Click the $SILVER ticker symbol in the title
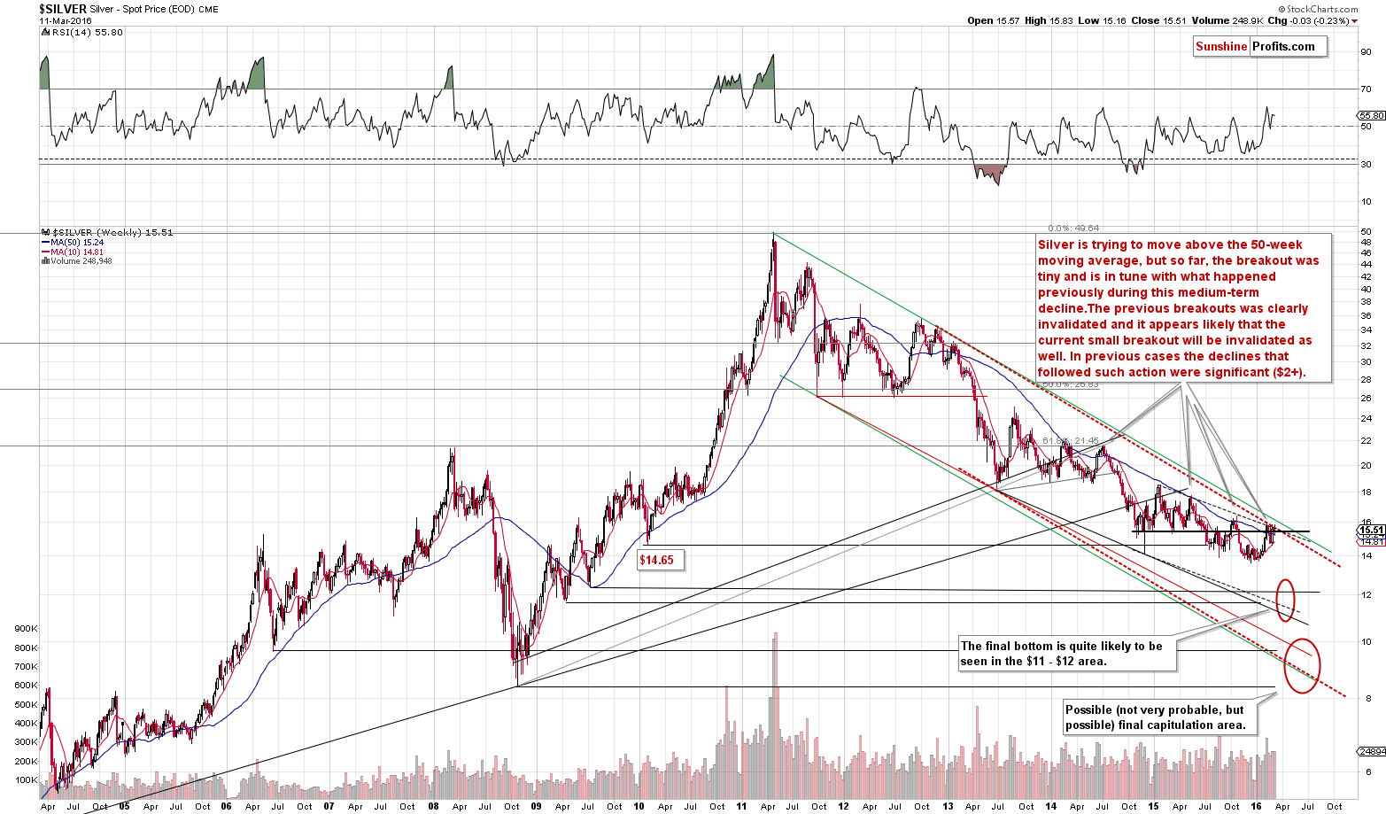click(x=63, y=9)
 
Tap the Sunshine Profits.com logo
click(x=1259, y=47)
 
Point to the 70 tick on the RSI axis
click(x=1367, y=89)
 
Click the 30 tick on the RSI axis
click(x=1367, y=164)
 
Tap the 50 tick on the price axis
click(x=1367, y=232)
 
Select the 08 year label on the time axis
click(x=432, y=806)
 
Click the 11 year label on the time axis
click(x=742, y=806)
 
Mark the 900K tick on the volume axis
click(x=27, y=628)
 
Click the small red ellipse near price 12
click(x=1285, y=599)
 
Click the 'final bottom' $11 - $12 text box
click(x=1067, y=654)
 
